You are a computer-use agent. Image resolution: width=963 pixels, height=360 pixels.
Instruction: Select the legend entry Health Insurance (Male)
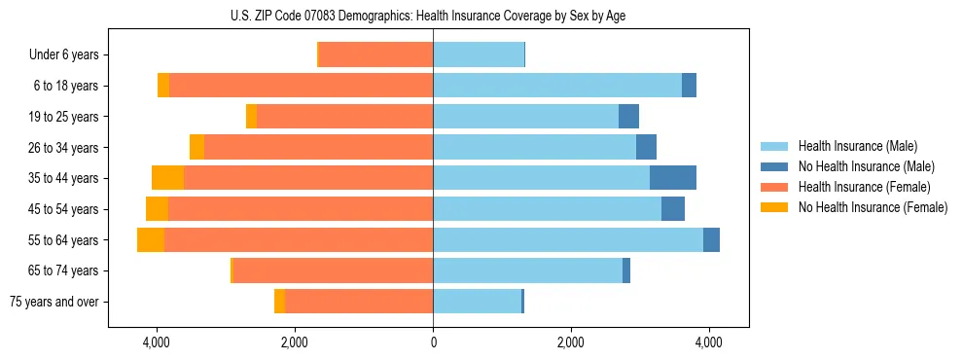pyautogui.click(x=856, y=146)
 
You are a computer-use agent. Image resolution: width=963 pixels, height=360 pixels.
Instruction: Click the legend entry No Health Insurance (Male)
pyautogui.click(x=866, y=166)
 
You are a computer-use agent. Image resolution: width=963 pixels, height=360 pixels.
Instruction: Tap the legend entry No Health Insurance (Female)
pyautogui.click(x=873, y=207)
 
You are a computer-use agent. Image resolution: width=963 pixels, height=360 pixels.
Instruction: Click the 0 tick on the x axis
pyautogui.click(x=433, y=342)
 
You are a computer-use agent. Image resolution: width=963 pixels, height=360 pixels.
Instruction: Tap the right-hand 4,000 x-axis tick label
pyautogui.click(x=708, y=342)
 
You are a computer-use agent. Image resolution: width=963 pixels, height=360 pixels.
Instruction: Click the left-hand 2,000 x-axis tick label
pyautogui.click(x=295, y=342)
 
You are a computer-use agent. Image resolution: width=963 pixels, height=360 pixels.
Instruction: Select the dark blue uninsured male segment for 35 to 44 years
pyautogui.click(x=673, y=178)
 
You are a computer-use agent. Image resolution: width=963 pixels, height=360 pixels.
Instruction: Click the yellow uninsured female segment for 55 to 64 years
pyautogui.click(x=151, y=240)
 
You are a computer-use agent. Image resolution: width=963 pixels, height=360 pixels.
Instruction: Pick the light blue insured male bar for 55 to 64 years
pyautogui.click(x=568, y=240)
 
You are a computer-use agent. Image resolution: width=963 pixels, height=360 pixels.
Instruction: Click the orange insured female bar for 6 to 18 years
pyautogui.click(x=302, y=86)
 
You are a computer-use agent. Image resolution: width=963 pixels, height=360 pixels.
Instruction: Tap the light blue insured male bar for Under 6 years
pyautogui.click(x=479, y=55)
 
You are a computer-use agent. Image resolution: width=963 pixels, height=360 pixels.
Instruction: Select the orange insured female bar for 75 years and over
pyautogui.click(x=359, y=302)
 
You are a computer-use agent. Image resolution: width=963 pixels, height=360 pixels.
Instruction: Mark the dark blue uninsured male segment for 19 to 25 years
pyautogui.click(x=628, y=117)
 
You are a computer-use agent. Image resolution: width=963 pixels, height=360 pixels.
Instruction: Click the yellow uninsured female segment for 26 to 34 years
pyautogui.click(x=196, y=148)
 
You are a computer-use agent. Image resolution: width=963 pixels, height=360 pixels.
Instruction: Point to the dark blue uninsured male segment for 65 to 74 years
pyautogui.click(x=626, y=270)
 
